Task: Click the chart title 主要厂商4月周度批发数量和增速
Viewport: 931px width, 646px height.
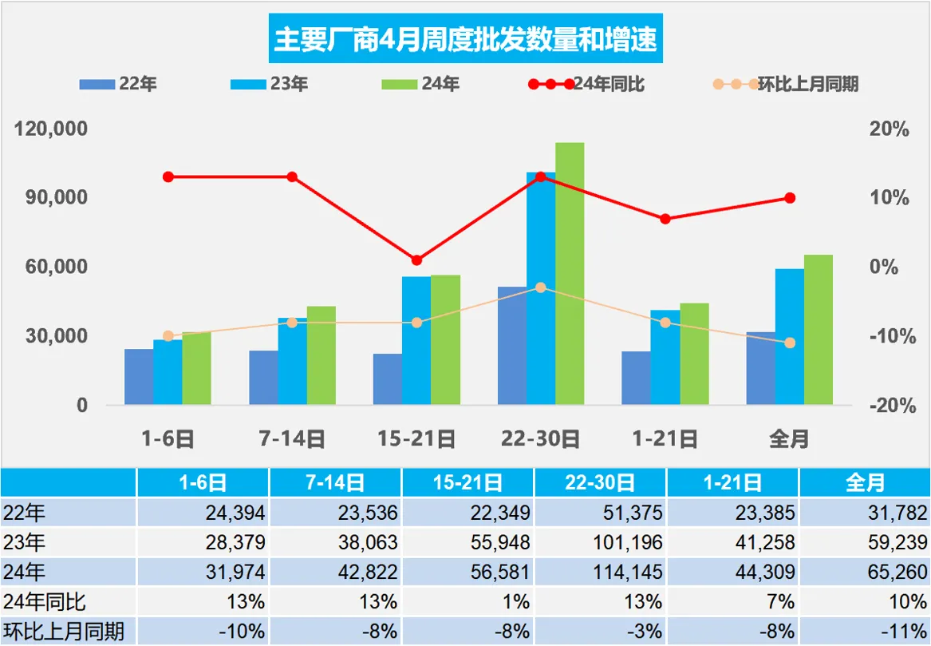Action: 465,38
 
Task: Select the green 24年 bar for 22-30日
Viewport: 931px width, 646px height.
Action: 570,273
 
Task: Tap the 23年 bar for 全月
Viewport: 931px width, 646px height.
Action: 790,336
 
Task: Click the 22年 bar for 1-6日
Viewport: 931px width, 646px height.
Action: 139,376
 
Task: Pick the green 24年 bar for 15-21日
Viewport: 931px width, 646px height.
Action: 445,339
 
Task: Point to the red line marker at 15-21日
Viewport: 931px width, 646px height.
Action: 416,260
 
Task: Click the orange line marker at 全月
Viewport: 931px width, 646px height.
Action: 790,343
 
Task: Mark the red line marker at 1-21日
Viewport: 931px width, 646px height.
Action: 665,219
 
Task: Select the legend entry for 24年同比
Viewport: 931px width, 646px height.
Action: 586,84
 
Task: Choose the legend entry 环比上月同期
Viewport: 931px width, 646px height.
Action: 785,84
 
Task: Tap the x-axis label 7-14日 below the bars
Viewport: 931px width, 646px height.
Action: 292,438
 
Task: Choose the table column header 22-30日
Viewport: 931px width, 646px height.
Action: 600,483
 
